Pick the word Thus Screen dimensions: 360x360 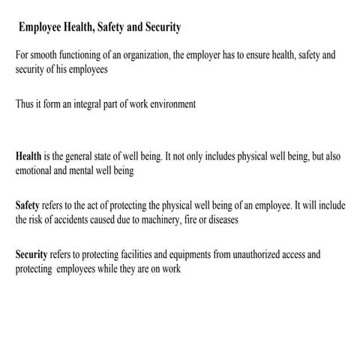tap(25, 104)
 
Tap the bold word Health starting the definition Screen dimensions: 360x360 tap(28, 157)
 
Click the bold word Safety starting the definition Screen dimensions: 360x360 tap(28, 205)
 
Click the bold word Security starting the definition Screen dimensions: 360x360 tap(31, 254)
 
